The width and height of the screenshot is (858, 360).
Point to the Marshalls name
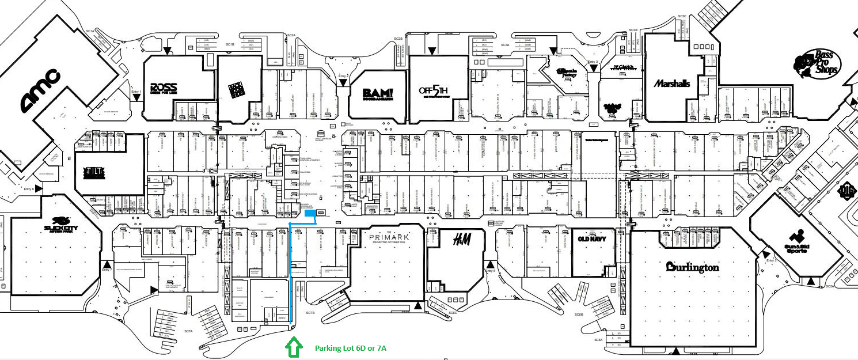tap(671, 84)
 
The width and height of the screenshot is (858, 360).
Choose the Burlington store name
tap(693, 267)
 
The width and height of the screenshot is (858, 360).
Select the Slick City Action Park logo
tap(60, 223)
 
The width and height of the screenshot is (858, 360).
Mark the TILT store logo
tap(94, 172)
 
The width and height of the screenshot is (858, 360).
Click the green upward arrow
tap(294, 347)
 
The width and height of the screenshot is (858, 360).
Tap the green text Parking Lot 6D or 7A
tap(350, 348)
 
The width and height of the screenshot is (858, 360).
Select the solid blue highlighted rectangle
tap(310, 213)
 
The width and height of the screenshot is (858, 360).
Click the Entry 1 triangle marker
tap(136, 98)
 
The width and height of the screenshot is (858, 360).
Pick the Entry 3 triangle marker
tap(593, 67)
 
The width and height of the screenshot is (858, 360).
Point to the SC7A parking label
tap(188, 332)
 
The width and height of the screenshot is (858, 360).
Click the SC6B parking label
tap(579, 314)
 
